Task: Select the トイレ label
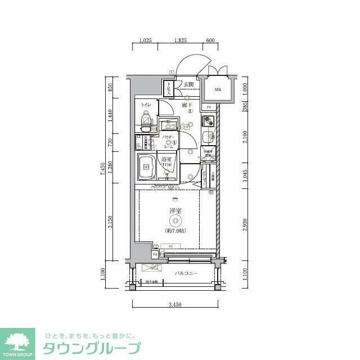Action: point(146,105)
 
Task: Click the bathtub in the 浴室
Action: point(147,167)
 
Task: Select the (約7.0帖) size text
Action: point(176,231)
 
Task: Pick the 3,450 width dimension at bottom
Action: point(175,304)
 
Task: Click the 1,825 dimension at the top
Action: point(181,41)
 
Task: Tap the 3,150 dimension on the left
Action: point(111,223)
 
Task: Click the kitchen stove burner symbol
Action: point(208,121)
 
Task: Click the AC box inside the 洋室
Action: point(169,245)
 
